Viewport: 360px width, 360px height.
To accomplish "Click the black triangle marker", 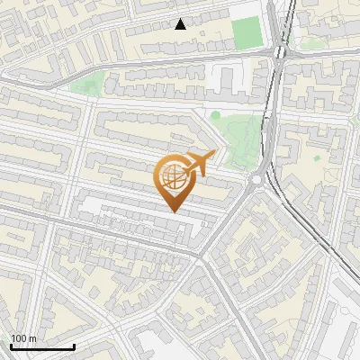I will (181, 24).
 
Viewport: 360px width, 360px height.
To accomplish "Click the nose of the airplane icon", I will (215, 154).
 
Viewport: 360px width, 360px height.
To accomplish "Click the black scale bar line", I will (41, 346).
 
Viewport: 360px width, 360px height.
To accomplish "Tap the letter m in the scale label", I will (33, 339).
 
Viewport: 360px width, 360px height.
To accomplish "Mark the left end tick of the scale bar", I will (10, 345).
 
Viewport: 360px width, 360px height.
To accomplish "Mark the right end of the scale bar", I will (74, 346).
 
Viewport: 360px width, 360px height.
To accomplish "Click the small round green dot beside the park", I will (215, 115).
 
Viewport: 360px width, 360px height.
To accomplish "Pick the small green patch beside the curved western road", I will (85, 86).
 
